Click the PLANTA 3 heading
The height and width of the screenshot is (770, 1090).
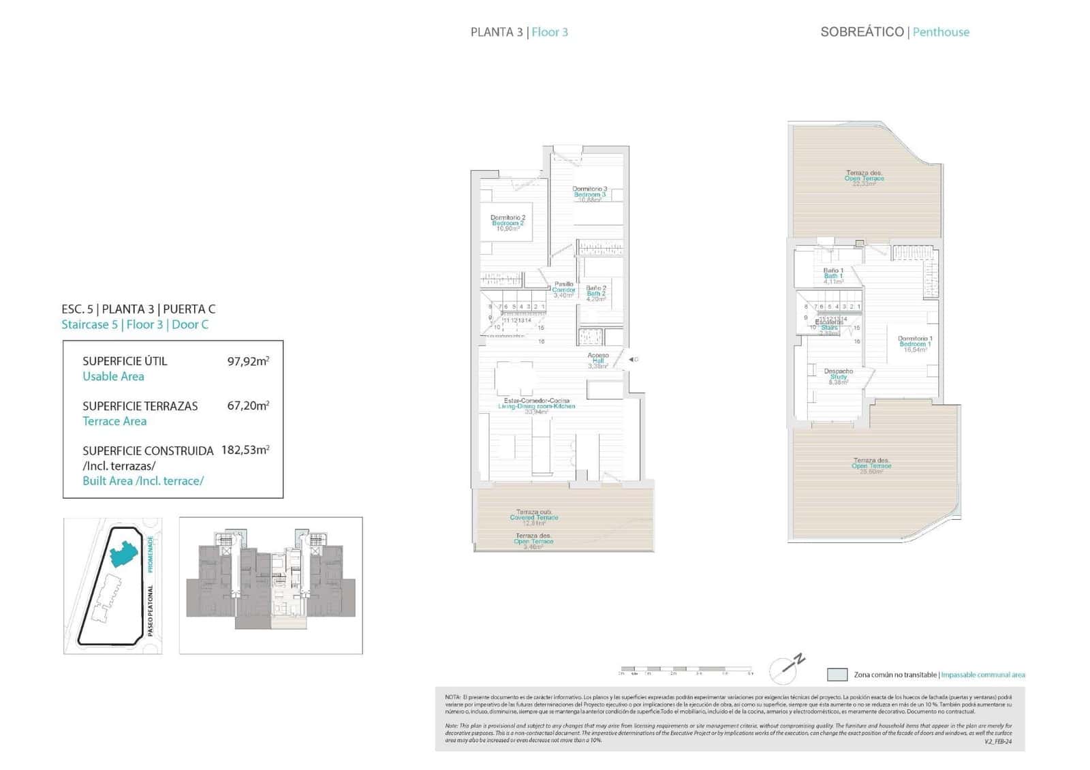tap(497, 32)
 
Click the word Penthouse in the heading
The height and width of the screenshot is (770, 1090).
tap(941, 32)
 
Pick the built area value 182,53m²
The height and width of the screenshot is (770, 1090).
tap(245, 450)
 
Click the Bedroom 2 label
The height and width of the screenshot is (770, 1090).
tap(508, 223)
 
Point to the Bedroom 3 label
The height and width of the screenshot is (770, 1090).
tap(589, 194)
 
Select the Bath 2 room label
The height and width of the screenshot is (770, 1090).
tap(596, 293)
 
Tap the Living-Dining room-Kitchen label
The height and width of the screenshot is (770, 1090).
tap(536, 406)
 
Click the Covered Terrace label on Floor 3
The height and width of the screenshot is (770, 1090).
tap(534, 517)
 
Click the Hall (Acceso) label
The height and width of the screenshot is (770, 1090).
tap(598, 360)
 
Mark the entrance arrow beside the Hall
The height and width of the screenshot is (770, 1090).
tap(632, 359)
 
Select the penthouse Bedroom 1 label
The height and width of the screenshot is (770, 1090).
tap(915, 343)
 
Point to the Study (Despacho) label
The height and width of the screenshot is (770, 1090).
tap(839, 376)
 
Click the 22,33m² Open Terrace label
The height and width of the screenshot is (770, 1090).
tap(865, 178)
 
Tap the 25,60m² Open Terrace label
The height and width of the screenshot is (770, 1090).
tap(871, 465)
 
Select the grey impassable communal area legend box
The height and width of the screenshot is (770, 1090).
tap(837, 675)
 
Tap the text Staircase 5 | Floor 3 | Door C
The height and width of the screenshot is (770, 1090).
tap(135, 324)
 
